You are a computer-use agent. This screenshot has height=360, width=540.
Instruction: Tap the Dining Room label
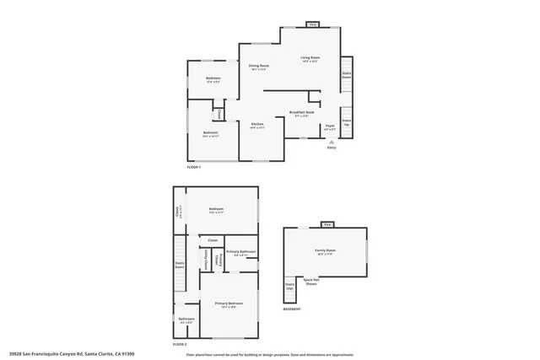(258, 67)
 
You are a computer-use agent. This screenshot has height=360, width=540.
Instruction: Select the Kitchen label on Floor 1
(257, 125)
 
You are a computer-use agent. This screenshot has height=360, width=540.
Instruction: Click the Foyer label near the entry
(330, 127)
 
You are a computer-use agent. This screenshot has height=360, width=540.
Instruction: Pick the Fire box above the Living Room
(312, 25)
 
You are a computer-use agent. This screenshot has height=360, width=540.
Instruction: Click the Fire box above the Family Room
(327, 225)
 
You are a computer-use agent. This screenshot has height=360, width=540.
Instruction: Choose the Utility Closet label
(207, 258)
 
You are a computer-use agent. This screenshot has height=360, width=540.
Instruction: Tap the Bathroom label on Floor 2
(186, 319)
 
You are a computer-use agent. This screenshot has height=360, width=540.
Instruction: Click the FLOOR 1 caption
(194, 167)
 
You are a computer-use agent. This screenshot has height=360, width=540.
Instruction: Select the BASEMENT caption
(292, 309)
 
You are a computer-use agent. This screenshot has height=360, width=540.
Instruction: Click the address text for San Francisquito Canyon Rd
(72, 354)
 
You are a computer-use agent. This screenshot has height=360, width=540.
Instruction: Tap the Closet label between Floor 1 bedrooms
(219, 113)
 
